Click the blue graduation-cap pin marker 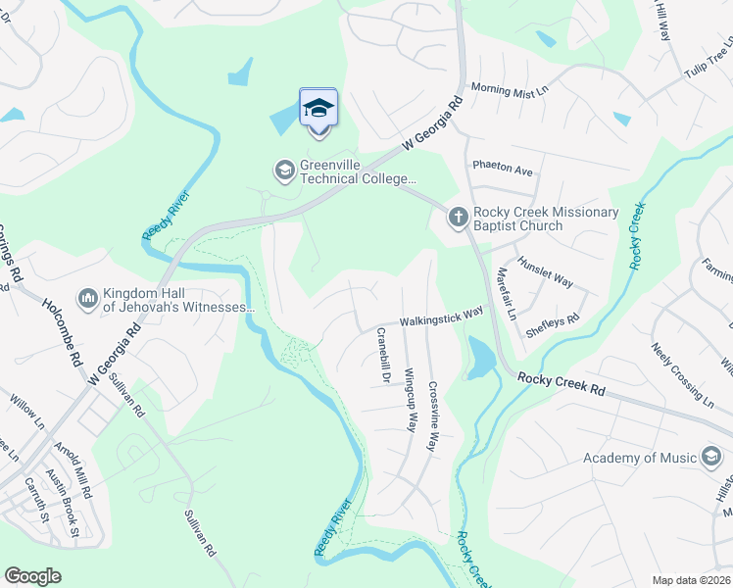point(318,108)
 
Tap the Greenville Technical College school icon point(284,171)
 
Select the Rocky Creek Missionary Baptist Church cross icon point(458,218)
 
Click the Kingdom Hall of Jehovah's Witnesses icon point(87,297)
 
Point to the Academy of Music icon point(711,458)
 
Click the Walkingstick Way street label point(441,317)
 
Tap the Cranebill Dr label point(384,357)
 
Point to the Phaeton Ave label point(503,169)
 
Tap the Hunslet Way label point(546,268)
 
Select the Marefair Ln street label point(506,294)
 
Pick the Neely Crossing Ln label point(682,375)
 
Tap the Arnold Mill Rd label point(73,471)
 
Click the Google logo point(33,576)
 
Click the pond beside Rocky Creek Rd point(481,359)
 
